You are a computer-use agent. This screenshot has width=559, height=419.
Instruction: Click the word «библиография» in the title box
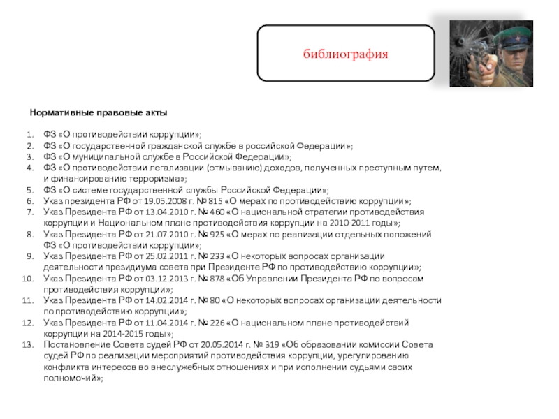(345, 54)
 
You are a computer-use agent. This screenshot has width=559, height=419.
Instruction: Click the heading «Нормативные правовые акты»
(98, 112)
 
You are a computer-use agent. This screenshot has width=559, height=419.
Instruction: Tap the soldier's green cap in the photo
(507, 35)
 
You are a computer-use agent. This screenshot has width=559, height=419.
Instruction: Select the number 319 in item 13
(273, 345)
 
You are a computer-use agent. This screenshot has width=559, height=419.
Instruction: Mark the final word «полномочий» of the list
(73, 378)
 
